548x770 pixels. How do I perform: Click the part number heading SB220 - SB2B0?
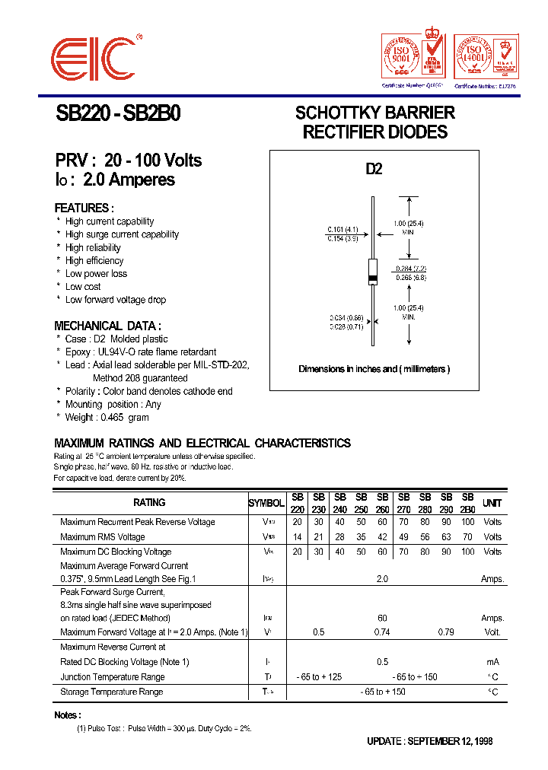point(118,114)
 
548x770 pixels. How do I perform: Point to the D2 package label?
point(374,169)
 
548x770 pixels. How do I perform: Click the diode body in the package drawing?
point(373,271)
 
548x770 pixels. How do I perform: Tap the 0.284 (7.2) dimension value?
point(412,269)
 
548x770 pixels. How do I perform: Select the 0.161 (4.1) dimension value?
point(342,229)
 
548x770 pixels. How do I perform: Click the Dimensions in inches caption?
point(374,369)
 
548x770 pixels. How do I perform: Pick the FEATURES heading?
point(84,208)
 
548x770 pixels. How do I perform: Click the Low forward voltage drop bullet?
point(116,300)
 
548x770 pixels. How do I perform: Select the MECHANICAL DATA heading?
point(107,326)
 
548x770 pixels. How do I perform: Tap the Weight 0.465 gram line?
point(107,417)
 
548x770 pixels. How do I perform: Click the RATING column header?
point(149,503)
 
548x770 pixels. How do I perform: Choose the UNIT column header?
point(492,503)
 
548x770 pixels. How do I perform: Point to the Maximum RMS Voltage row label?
point(103,537)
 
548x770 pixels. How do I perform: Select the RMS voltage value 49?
point(403,537)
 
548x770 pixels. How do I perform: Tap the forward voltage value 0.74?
point(382,632)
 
